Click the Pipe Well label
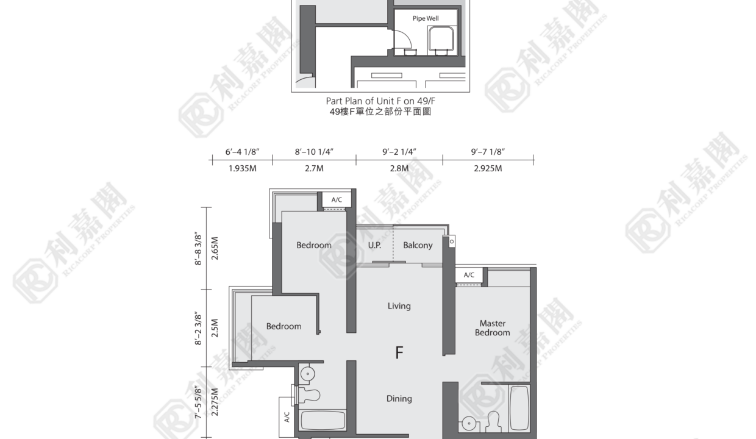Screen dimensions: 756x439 pyautogui.click(x=426, y=18)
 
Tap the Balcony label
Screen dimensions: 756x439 pyautogui.click(x=418, y=245)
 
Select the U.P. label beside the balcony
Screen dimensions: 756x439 pyautogui.click(x=374, y=245)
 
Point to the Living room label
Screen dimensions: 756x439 pyautogui.click(x=399, y=306)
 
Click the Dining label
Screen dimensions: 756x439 pyautogui.click(x=399, y=399)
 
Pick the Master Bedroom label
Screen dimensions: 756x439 pyautogui.click(x=493, y=328)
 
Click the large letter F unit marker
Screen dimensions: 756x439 pyautogui.click(x=399, y=352)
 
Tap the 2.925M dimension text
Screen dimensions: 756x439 pyautogui.click(x=488, y=168)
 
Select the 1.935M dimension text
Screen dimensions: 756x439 pyautogui.click(x=242, y=168)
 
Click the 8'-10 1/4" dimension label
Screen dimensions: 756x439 pyautogui.click(x=314, y=152)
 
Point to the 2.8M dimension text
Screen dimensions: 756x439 pyautogui.click(x=399, y=168)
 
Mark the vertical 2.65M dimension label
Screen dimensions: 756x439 pyautogui.click(x=215, y=248)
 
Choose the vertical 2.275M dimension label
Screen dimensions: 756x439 pyautogui.click(x=215, y=402)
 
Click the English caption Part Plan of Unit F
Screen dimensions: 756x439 pyautogui.click(x=380, y=101)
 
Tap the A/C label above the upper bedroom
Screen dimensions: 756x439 pyautogui.click(x=337, y=200)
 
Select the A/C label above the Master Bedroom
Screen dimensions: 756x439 pyautogui.click(x=469, y=275)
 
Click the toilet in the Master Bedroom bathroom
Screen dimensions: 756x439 pyautogui.click(x=493, y=422)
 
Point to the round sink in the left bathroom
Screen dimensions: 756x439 pyautogui.click(x=307, y=374)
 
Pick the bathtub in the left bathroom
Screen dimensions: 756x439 pyautogui.click(x=323, y=420)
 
